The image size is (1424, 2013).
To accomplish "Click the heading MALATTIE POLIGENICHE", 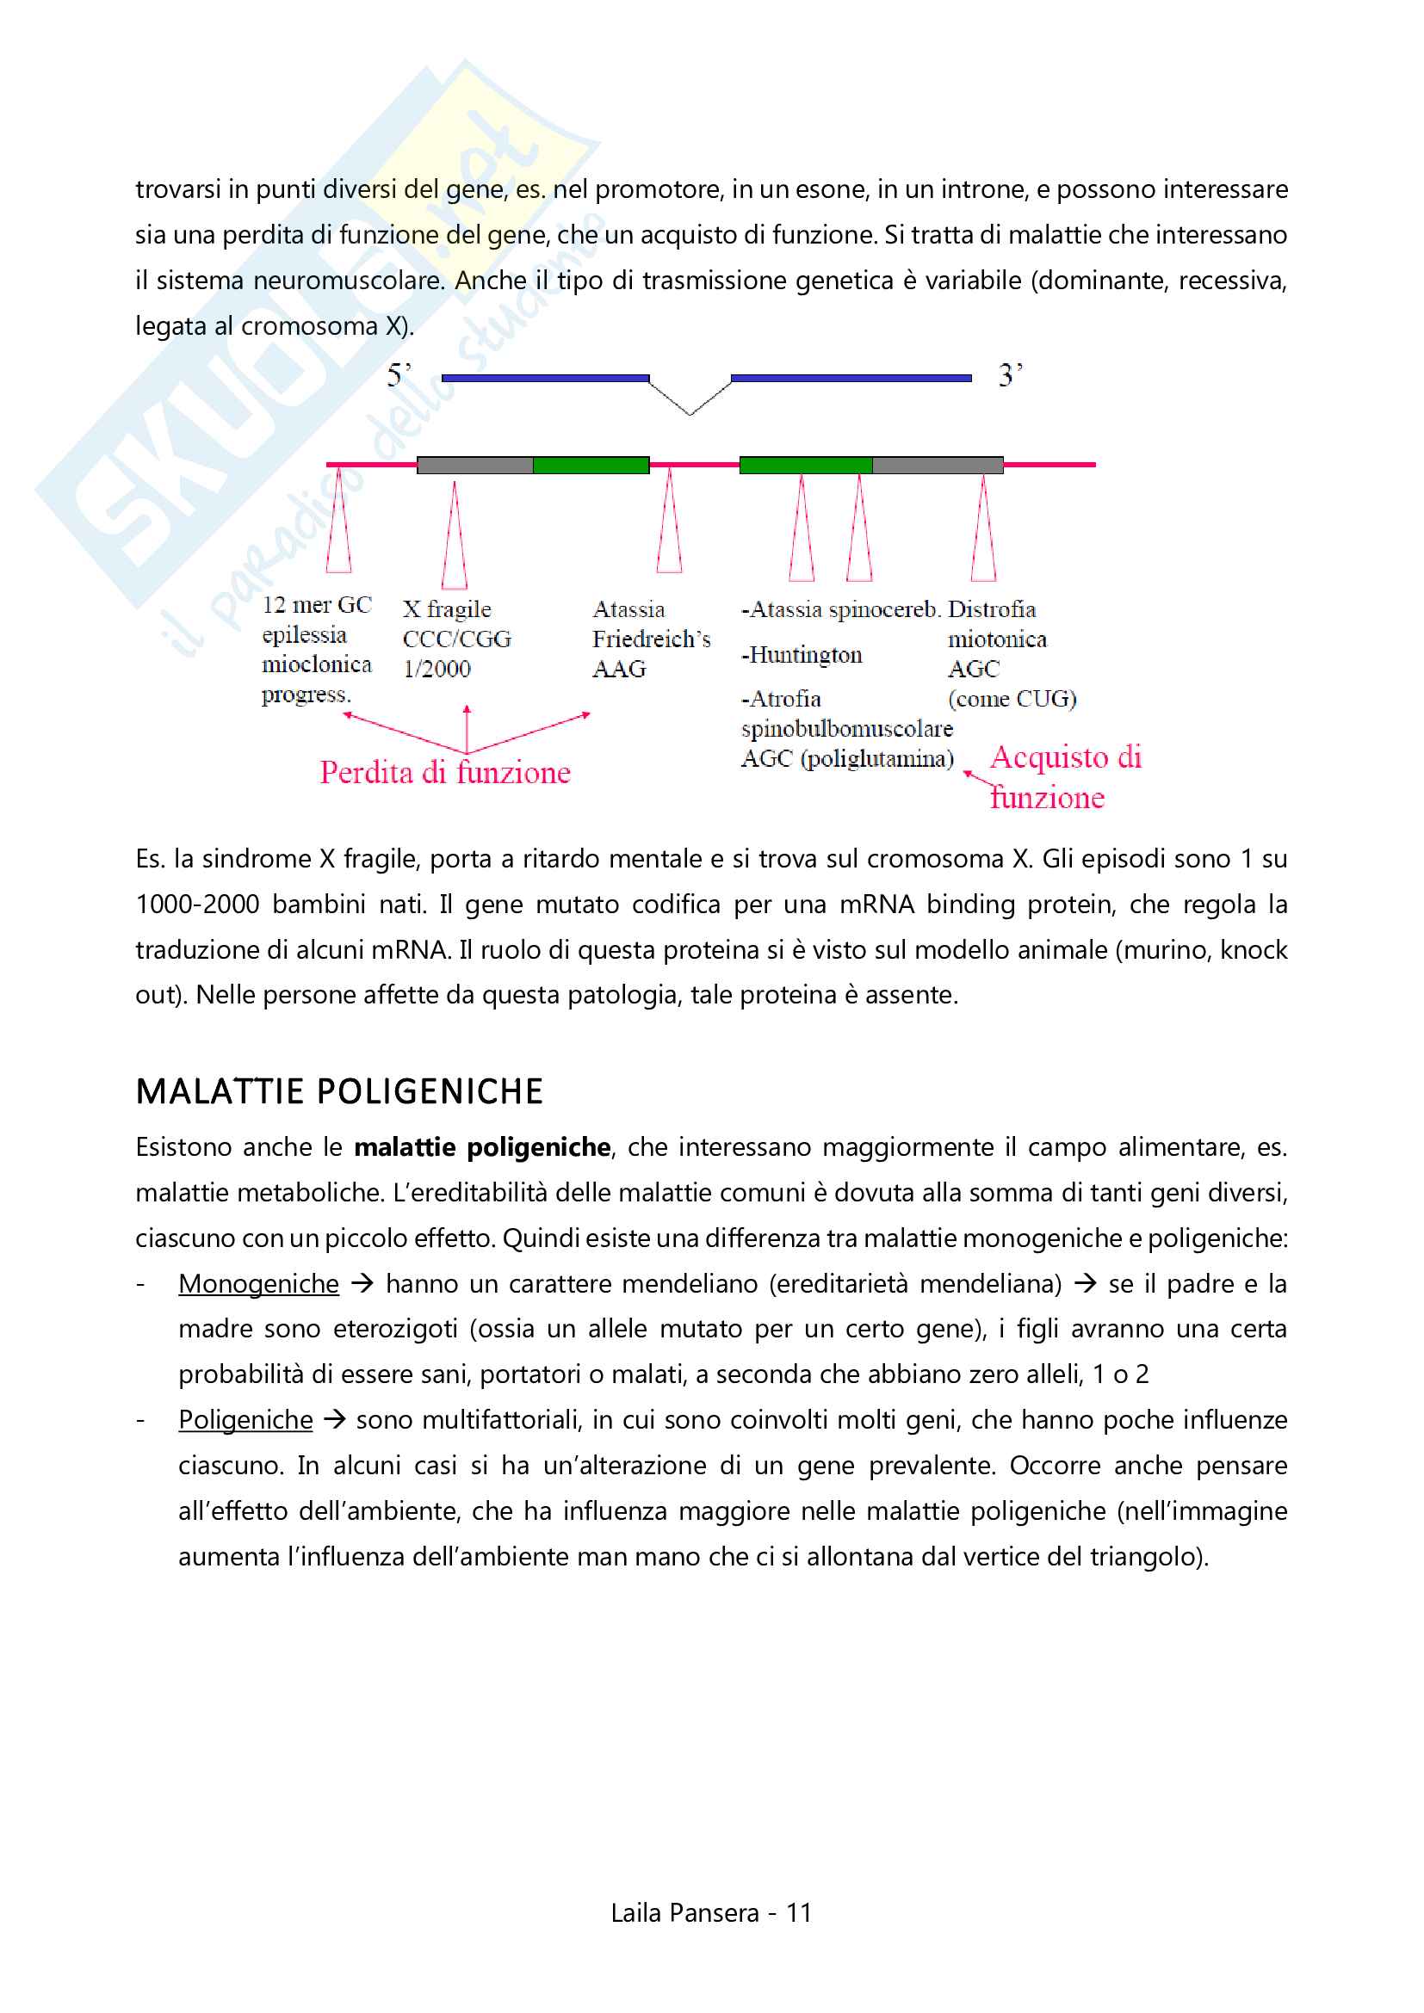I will (x=339, y=1091).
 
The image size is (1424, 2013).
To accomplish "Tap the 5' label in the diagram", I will (x=399, y=376).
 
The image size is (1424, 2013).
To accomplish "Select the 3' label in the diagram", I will (x=1010, y=376).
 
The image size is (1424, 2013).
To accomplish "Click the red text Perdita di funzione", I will (x=444, y=772).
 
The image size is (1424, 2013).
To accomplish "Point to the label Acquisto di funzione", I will (x=1064, y=777).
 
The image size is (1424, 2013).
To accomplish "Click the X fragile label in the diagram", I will (x=447, y=609).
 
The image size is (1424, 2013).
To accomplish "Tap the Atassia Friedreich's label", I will (x=651, y=624).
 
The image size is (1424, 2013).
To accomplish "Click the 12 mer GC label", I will (x=317, y=605).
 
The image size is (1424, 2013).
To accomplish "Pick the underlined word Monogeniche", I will (x=258, y=1283).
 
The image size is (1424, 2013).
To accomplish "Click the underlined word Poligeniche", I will (x=245, y=1419).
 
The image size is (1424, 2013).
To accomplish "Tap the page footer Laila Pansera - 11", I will (x=711, y=1912).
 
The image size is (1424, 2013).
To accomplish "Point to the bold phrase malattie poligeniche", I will (x=482, y=1146).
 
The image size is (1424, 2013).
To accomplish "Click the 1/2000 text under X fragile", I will (x=436, y=669).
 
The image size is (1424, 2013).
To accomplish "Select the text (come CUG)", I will (x=1012, y=699).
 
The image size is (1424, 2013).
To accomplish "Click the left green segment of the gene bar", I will (x=591, y=465).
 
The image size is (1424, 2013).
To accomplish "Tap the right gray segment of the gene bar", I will (x=938, y=465).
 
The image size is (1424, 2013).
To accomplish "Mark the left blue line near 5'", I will (x=545, y=379).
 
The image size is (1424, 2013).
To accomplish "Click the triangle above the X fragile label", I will (x=455, y=536).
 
